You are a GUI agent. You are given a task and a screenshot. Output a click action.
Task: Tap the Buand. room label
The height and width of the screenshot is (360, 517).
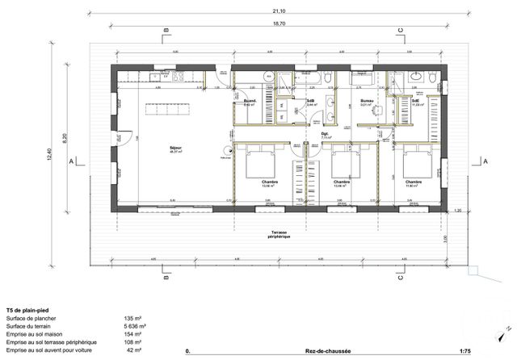(250, 101)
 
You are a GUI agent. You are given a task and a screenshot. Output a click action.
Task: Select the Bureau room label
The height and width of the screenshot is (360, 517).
(365, 101)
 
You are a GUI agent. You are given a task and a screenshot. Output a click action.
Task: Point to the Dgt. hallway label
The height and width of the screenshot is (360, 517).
(325, 134)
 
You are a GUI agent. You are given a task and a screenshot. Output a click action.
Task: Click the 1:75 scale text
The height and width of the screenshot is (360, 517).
(464, 352)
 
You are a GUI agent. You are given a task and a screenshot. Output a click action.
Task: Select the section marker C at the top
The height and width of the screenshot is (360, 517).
(399, 31)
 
